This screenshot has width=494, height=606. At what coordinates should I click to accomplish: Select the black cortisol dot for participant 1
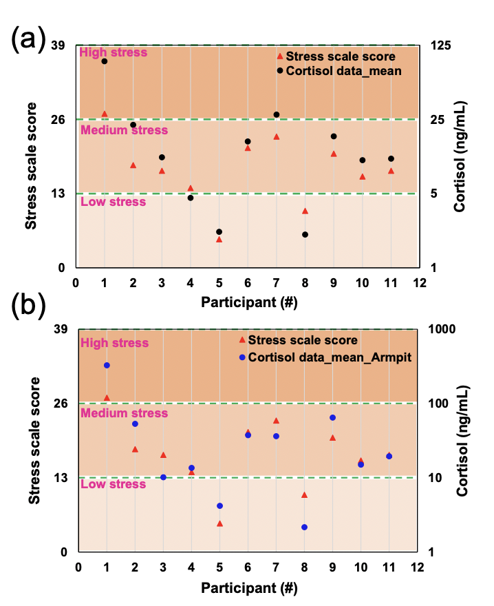click(105, 61)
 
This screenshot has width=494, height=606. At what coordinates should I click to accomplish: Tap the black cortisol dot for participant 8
click(304, 235)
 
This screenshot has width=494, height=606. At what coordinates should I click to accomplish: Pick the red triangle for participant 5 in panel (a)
click(219, 239)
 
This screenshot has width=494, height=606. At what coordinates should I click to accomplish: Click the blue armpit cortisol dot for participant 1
click(107, 365)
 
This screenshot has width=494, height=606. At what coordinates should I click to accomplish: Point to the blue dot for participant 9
click(332, 417)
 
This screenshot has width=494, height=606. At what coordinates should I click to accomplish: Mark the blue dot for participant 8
click(304, 527)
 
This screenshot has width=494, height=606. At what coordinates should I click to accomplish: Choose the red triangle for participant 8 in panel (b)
click(304, 495)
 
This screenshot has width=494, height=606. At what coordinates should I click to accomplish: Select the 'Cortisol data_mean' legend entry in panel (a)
click(343, 70)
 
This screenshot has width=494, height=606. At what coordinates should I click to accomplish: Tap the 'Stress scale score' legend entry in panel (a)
click(341, 56)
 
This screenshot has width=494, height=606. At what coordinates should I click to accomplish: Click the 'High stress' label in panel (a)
click(114, 52)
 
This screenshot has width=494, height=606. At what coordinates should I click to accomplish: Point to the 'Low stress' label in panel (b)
click(114, 484)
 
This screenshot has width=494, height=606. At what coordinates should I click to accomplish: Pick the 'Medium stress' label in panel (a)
click(124, 129)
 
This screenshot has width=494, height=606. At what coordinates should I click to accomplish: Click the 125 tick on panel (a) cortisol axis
click(440, 45)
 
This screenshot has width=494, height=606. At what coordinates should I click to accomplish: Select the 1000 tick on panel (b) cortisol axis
click(443, 329)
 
